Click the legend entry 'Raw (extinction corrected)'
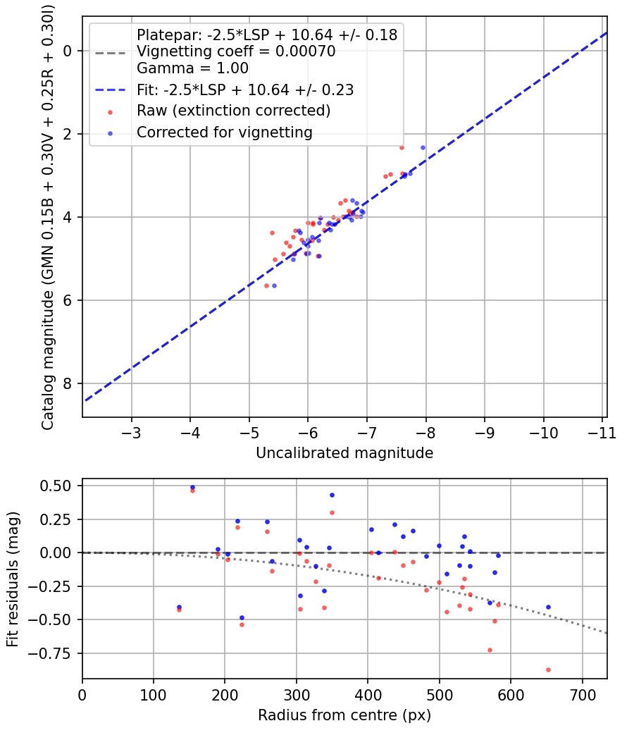point(233,111)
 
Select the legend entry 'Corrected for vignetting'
point(224,132)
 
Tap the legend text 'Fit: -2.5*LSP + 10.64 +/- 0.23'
point(245,90)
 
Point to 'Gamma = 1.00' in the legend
point(192,68)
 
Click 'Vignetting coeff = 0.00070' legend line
point(235,51)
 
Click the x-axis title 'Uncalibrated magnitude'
point(344,453)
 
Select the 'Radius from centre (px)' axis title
point(344,715)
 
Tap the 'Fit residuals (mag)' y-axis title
point(13,579)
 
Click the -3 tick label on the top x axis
point(132,432)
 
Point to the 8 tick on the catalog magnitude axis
point(68,384)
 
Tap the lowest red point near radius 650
point(548,670)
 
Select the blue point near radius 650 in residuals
point(548,607)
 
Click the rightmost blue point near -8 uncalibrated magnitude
point(423,147)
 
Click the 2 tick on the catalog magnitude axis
point(68,134)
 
